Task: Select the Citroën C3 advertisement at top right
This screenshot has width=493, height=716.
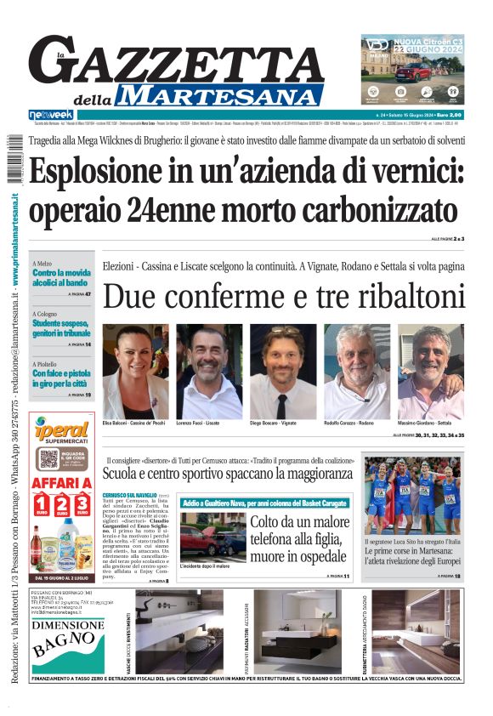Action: pyautogui.click(x=412, y=69)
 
